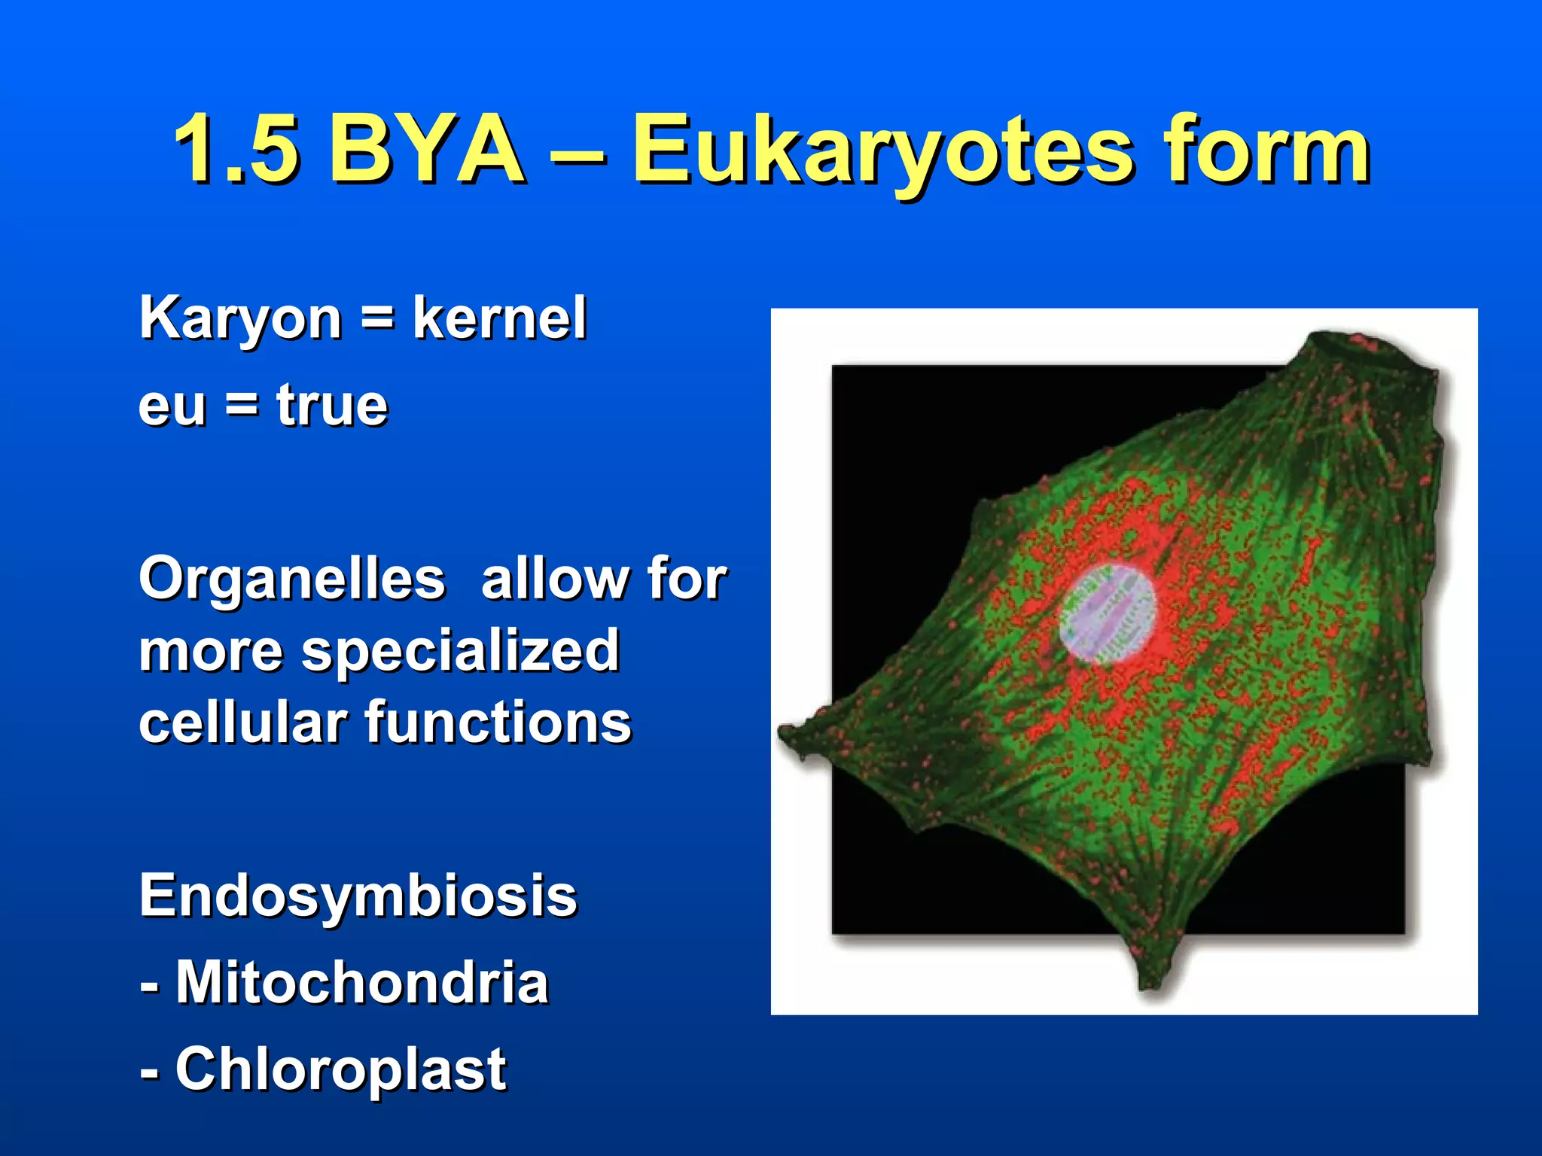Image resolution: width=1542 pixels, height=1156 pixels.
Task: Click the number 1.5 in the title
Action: [237, 149]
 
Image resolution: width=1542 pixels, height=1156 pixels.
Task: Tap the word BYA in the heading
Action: [426, 149]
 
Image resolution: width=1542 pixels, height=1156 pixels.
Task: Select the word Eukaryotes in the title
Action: [881, 151]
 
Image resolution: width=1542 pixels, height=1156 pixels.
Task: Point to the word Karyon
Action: [241, 319]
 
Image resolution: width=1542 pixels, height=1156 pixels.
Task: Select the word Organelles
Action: [292, 580]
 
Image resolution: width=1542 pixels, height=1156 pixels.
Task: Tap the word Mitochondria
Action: [362, 982]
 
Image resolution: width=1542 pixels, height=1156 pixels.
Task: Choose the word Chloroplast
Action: [340, 1069]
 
